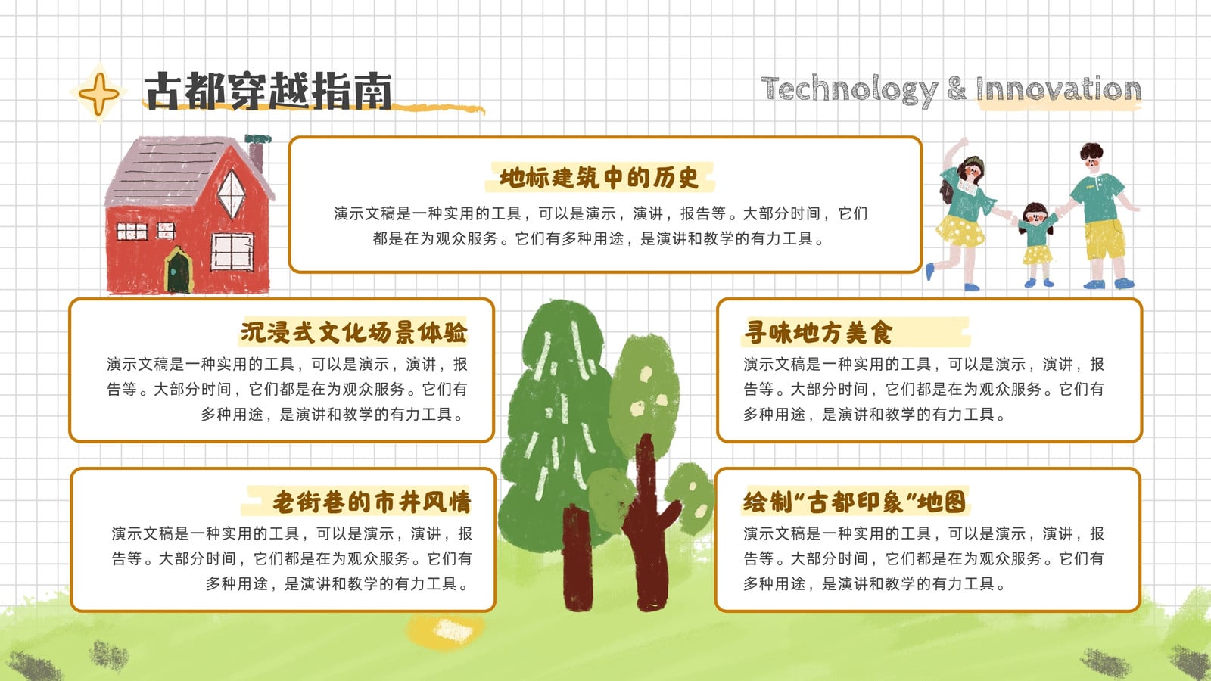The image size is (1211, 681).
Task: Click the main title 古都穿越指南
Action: (x=269, y=91)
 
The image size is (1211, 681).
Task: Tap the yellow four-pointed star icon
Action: (x=99, y=94)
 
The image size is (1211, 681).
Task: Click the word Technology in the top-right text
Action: (x=848, y=90)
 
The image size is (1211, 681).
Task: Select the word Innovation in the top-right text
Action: (x=1058, y=89)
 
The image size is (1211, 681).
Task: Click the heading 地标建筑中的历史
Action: (x=599, y=178)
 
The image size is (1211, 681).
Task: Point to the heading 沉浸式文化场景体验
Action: (x=353, y=332)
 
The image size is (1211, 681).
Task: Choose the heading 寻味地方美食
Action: (x=817, y=332)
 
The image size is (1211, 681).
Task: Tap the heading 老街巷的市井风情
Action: (x=372, y=502)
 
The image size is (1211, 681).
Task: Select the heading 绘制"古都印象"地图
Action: (x=855, y=502)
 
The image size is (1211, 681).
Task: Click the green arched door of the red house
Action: (x=179, y=271)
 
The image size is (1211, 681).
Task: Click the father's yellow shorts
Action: (x=1105, y=239)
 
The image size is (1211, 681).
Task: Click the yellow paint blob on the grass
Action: (x=446, y=630)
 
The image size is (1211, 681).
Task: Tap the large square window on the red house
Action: (x=232, y=251)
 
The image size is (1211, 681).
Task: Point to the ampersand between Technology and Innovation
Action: (x=957, y=89)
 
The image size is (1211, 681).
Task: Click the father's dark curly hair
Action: (x=1091, y=151)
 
